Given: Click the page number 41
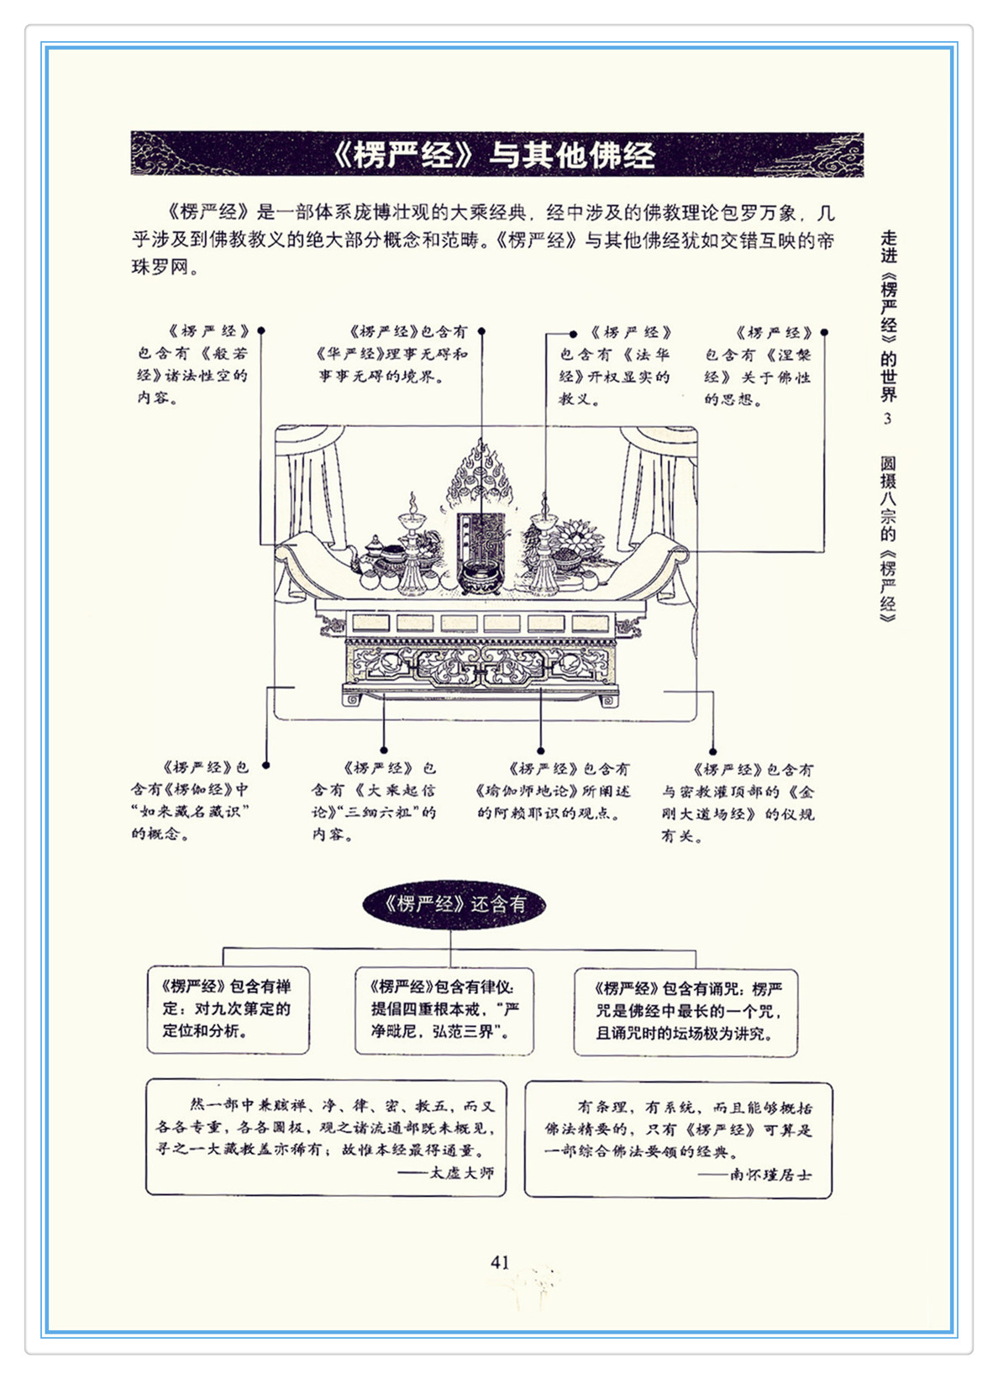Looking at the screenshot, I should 500,1261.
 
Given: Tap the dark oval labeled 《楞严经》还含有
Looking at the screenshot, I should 454,904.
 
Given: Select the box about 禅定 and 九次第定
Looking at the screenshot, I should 228,1009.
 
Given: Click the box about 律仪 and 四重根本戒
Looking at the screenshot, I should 444,1009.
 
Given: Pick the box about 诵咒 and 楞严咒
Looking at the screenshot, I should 685,1011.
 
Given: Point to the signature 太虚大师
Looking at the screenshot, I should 461,1172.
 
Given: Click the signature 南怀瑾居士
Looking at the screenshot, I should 770,1174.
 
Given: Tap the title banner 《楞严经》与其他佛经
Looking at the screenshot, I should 496,155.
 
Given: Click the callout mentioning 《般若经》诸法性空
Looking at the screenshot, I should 193,364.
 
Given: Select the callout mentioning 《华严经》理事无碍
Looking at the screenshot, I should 392,354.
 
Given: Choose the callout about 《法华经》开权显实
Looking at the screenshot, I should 615,366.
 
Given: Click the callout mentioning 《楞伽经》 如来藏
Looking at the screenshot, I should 191,800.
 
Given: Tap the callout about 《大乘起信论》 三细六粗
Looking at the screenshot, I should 374,801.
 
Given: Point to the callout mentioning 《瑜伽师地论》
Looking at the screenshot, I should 553,791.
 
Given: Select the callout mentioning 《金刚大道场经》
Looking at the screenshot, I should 737,803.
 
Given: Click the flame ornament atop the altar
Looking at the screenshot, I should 481,475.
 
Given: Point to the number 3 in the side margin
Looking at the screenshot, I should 887,418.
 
